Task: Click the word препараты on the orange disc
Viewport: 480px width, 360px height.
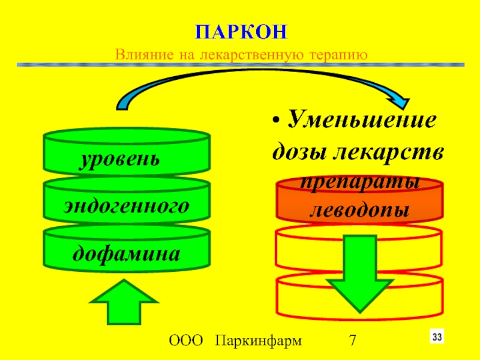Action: click(360, 183)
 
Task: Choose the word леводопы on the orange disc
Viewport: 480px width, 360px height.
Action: click(360, 209)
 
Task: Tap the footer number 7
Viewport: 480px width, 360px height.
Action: click(353, 342)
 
